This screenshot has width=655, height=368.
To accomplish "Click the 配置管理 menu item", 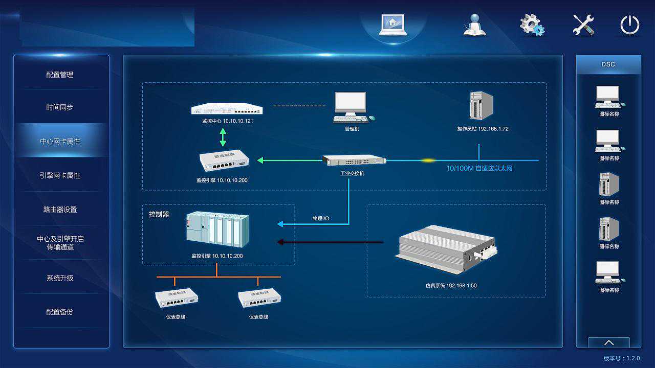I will pos(60,75).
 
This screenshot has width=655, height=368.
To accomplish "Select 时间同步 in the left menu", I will pos(60,107).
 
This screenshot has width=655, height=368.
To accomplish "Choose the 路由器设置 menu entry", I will pos(60,210).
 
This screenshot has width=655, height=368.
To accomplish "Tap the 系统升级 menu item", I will pos(60,278).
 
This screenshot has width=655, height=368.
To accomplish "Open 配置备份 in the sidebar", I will pos(60,311).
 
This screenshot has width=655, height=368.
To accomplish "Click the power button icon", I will pos(629,25).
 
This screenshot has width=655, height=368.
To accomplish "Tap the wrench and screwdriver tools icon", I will pos(583,25).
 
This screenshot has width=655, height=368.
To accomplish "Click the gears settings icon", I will pos(532,25).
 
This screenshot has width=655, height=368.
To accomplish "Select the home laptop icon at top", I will pos(392,25).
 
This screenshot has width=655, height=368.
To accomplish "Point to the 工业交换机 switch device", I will pos(354,160).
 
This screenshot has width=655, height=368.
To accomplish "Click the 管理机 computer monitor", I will pos(351,106).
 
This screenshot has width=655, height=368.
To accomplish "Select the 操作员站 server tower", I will pos(481,105).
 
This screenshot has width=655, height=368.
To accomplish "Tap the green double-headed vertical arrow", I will pos(223,137).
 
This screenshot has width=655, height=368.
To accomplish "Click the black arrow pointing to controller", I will pos(330,242).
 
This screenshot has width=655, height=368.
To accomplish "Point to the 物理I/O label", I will pos(321,219).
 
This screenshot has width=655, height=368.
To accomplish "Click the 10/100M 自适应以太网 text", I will pos(479,168).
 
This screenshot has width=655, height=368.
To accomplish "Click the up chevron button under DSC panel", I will pos(608,342).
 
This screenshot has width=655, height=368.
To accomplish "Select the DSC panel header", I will pos(608,64).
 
